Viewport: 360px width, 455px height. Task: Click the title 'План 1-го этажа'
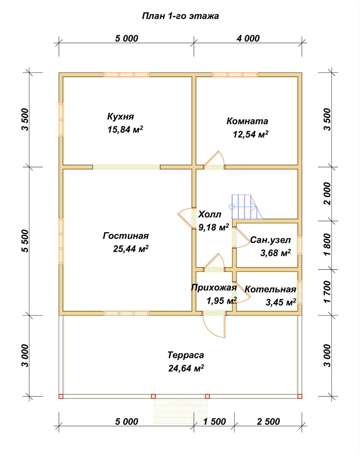point(180,16)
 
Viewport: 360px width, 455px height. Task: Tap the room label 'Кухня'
point(120,117)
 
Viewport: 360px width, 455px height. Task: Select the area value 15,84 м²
point(125,129)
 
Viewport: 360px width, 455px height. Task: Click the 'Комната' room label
point(247,121)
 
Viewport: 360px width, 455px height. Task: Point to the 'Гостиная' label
point(126,236)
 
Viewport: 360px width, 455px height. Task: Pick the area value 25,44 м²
point(130,249)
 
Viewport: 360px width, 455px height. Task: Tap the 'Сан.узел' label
point(271,240)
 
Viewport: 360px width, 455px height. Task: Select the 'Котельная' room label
point(270,289)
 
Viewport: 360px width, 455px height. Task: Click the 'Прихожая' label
point(214,288)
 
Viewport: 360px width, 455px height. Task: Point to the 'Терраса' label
point(186,355)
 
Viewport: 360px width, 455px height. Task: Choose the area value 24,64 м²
point(186,368)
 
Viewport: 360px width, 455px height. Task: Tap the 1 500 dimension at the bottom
point(214,421)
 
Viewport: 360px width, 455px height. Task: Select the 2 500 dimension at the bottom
point(268,421)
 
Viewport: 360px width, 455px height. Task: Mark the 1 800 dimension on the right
point(327,245)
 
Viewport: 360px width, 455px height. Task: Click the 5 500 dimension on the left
point(25,241)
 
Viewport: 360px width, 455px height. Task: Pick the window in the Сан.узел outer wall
point(300,245)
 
